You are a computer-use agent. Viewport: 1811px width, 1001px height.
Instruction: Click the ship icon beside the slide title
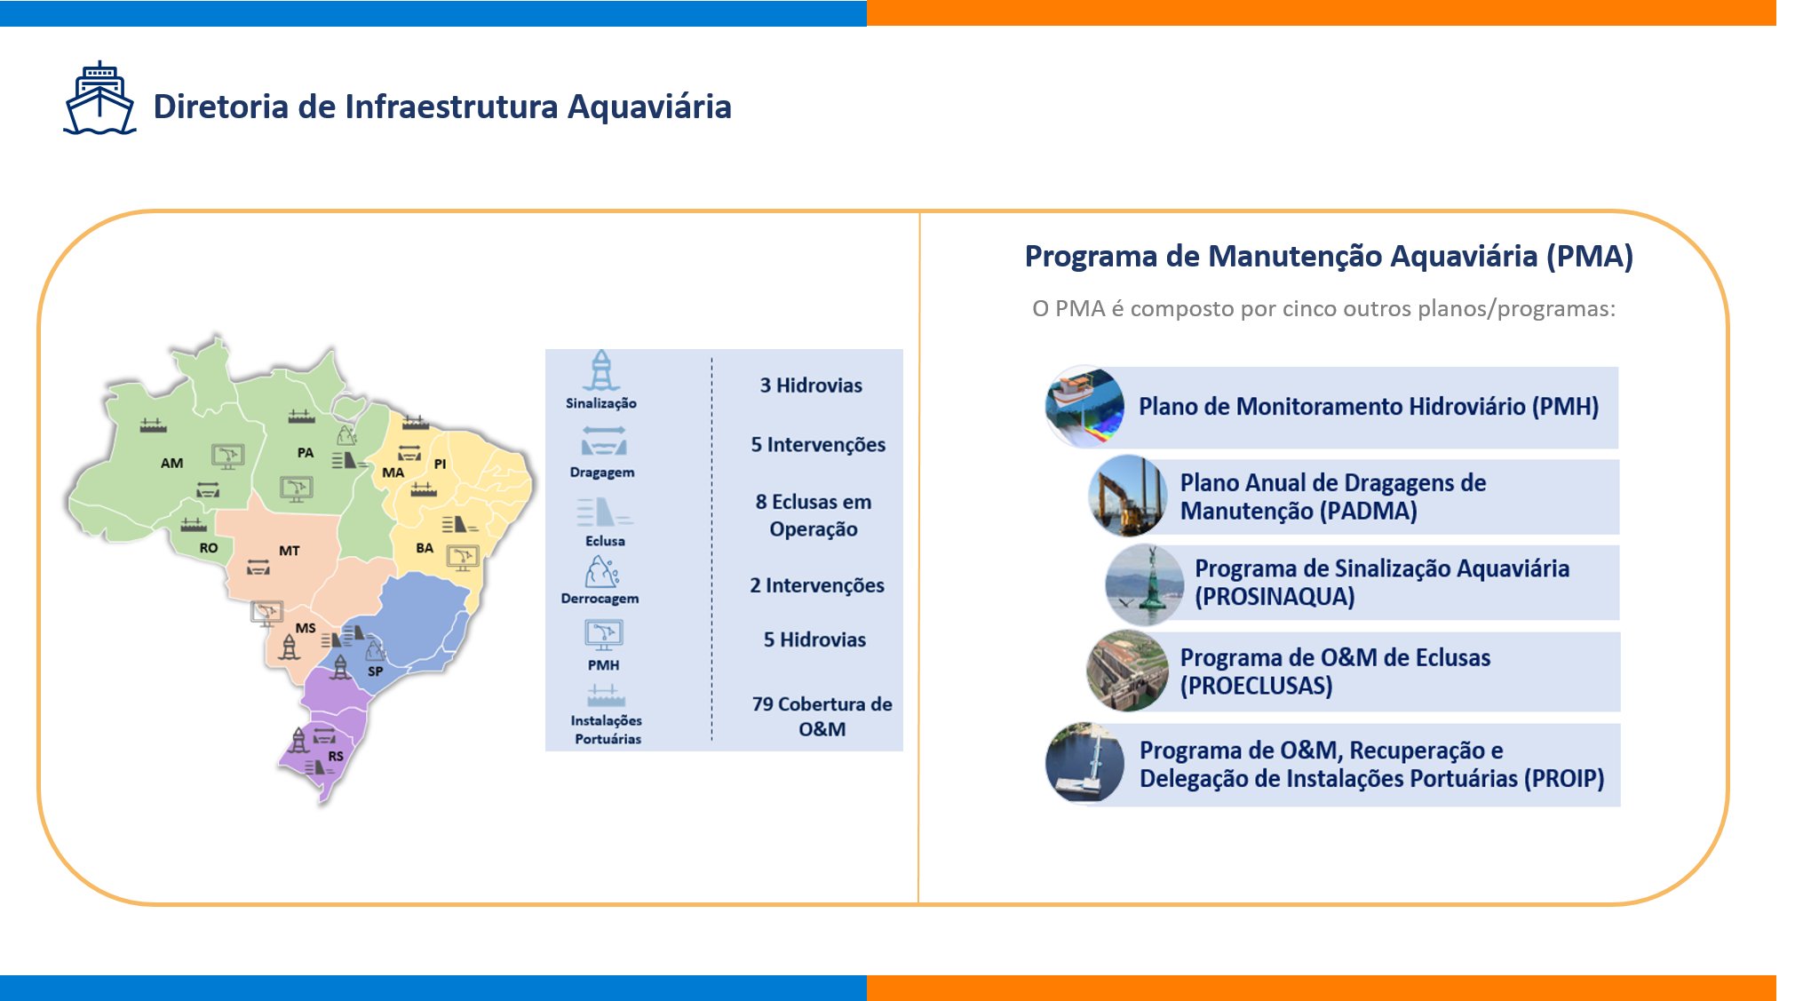[99, 99]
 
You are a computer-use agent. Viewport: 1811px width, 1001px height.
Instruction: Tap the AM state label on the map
[171, 463]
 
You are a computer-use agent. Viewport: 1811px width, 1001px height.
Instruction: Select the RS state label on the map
[336, 756]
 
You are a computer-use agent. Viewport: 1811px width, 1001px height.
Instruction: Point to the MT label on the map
[290, 551]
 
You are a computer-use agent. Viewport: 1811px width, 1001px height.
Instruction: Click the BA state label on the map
[425, 548]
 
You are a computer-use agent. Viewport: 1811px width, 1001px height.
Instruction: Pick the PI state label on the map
[440, 464]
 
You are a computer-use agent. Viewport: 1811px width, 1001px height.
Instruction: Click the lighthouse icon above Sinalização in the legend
[601, 370]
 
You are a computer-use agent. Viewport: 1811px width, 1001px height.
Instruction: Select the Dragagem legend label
[602, 473]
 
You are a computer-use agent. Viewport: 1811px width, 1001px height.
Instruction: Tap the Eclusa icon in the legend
[604, 512]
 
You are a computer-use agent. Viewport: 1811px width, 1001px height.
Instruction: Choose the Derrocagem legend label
[600, 599]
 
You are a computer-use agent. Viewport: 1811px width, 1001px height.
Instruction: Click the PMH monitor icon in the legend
[604, 635]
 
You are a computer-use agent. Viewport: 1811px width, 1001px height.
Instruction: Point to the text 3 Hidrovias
[811, 385]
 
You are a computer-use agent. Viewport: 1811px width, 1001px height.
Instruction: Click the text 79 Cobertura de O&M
[822, 717]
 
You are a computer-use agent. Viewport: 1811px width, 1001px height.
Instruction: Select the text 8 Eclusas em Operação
[814, 515]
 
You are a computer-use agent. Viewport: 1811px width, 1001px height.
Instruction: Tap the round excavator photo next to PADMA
[1128, 496]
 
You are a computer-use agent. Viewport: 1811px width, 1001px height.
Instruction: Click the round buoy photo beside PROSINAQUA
[1145, 584]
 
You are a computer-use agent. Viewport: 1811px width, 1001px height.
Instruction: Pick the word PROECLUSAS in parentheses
[1256, 687]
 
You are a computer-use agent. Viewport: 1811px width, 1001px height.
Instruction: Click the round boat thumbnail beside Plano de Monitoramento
[1084, 406]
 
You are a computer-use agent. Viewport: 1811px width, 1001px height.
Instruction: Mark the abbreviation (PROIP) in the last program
[1564, 779]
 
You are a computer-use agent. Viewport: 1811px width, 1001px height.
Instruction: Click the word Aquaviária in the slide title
[649, 107]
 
